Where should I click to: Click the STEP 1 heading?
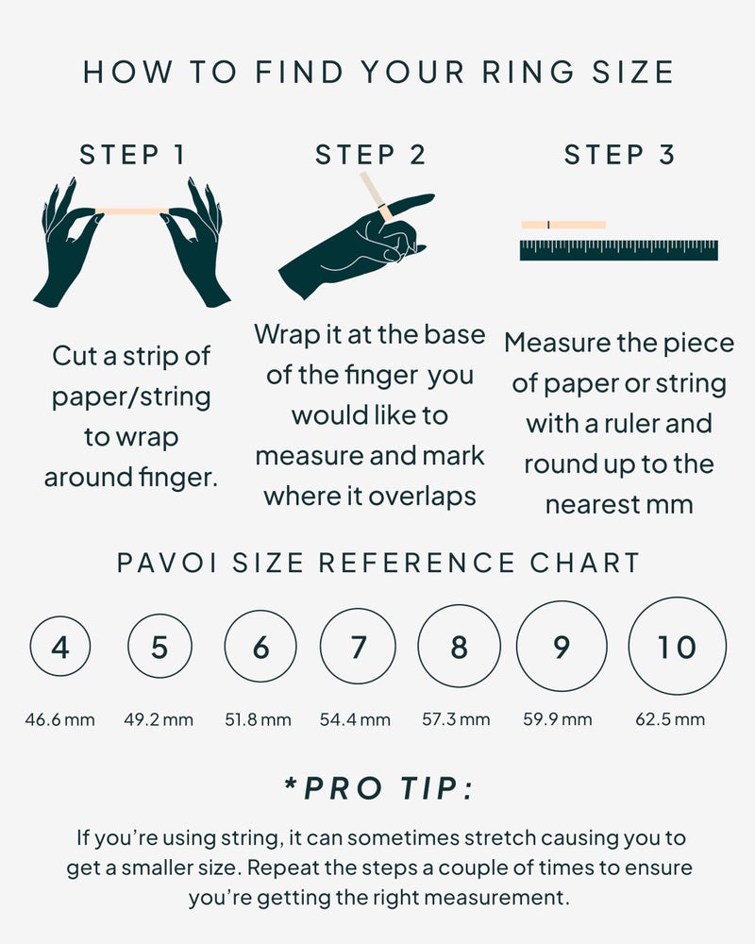[x=132, y=155]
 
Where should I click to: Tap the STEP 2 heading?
[x=371, y=155]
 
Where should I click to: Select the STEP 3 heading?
[x=620, y=155]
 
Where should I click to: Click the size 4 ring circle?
[x=60, y=648]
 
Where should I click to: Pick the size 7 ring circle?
[x=358, y=648]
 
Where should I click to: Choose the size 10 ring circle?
[x=677, y=647]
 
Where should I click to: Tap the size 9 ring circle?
[x=562, y=647]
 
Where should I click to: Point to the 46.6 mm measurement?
[x=60, y=719]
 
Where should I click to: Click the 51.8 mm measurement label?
[x=258, y=719]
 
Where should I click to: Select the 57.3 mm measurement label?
[x=456, y=719]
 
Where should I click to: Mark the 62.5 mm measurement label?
[x=670, y=719]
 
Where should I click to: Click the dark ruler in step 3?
[x=618, y=250]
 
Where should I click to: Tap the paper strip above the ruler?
[x=563, y=225]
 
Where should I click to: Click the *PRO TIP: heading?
[x=378, y=788]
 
